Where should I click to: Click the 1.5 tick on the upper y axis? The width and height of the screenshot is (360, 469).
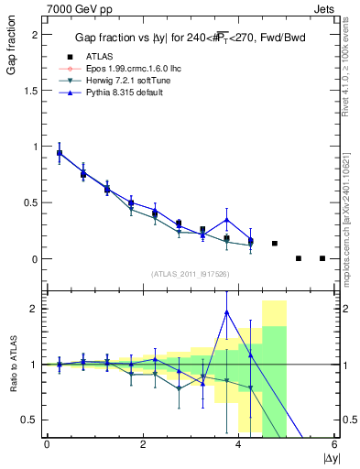32,90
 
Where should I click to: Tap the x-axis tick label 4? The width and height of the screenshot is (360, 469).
238,444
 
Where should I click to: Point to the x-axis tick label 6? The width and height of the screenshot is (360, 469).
334,444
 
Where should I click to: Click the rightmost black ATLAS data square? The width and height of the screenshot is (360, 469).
322,258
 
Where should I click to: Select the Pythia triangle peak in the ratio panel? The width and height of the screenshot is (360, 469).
226,312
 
